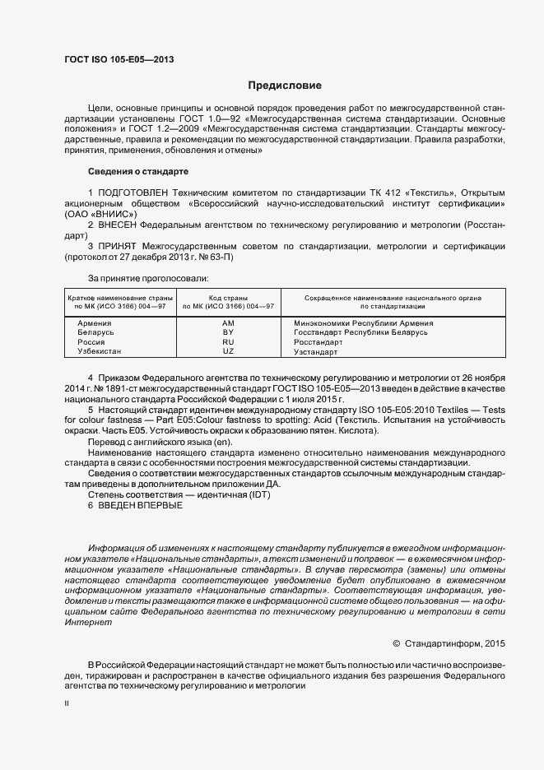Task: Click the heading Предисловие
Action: click(285, 86)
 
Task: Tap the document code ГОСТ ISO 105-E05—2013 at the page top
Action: click(119, 59)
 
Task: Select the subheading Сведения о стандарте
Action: click(138, 171)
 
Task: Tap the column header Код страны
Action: click(228, 296)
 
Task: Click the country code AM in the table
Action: click(228, 322)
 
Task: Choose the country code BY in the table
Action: click(228, 332)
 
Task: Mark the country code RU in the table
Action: click(228, 341)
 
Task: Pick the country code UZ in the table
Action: click(228, 351)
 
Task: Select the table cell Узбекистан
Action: click(99, 351)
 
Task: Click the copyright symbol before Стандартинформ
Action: click(397, 642)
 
